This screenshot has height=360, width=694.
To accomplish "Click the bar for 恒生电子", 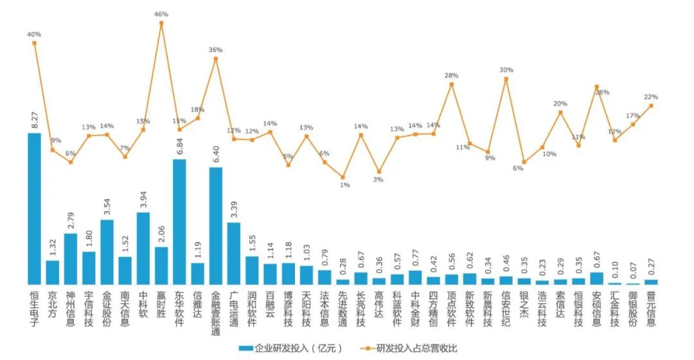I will [34, 208].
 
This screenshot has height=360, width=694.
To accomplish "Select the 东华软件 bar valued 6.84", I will [180, 222].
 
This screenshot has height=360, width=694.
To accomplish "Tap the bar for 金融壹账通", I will [216, 226].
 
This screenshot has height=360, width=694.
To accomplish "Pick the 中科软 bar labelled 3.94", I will [143, 248].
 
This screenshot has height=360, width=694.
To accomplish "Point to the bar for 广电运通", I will [234, 253].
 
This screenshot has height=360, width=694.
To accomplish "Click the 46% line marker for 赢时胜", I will [161, 23].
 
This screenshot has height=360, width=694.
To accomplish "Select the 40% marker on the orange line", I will [34, 43].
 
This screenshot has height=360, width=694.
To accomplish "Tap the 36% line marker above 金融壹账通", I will [216, 59].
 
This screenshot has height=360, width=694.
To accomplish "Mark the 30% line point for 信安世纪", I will [506, 79].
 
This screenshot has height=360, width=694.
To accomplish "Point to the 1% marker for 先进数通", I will [343, 177].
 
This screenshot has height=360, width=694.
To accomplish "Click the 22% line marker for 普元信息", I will [652, 106].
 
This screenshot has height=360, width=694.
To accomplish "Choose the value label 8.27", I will [34, 119].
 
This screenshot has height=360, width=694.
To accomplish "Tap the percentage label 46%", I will [161, 14].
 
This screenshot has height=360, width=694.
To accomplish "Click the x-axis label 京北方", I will [53, 305].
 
